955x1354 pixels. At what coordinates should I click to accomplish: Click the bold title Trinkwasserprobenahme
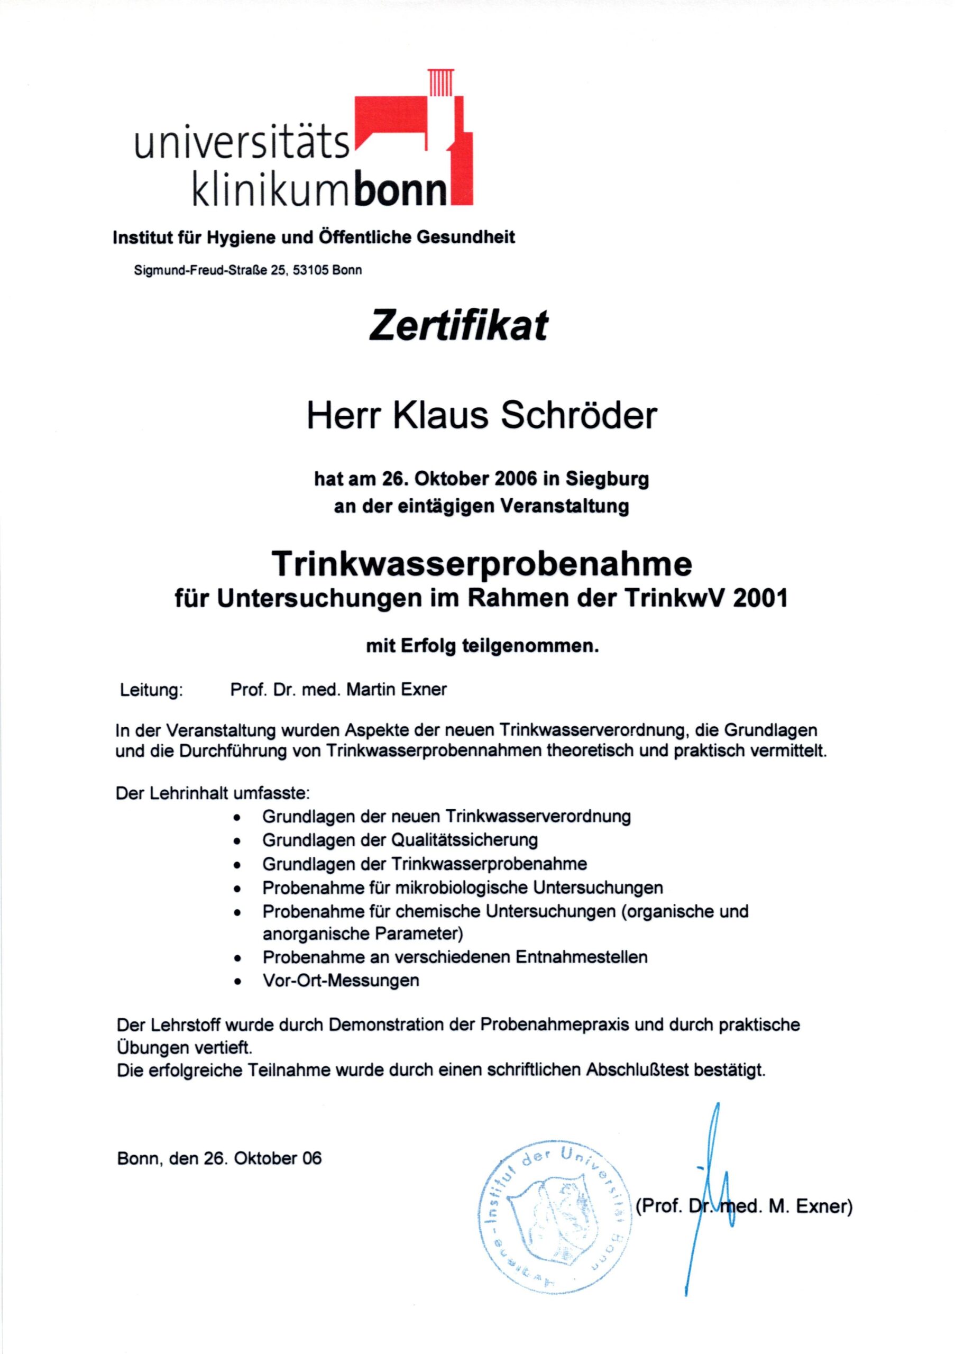[482, 564]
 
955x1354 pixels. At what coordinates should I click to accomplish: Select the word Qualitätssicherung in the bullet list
[464, 840]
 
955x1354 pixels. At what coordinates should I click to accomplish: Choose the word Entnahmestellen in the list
[581, 957]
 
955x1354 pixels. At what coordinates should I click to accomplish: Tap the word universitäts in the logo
[242, 144]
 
